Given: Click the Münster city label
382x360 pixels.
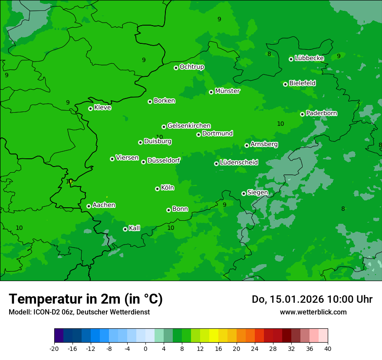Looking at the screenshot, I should [x=227, y=91].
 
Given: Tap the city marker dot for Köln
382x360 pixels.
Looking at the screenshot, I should [x=157, y=189].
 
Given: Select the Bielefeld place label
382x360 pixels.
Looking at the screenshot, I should [x=302, y=83].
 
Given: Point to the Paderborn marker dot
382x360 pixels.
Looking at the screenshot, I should [x=302, y=114].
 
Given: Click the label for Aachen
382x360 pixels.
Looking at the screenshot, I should [x=104, y=205].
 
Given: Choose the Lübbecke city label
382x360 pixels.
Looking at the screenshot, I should [x=309, y=58].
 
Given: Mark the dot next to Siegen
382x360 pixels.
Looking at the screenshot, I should [x=244, y=193].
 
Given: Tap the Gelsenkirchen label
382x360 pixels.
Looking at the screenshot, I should [x=189, y=126].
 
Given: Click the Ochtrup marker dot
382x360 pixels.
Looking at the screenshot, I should [x=176, y=68].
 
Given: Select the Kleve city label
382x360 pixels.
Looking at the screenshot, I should [x=102, y=108].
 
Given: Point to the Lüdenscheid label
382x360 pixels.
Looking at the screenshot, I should [x=239, y=163].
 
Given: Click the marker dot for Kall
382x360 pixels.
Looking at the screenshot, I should [x=125, y=229].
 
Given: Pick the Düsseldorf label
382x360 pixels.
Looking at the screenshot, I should [x=164, y=161].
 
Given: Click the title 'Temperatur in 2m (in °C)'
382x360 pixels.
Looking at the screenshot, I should [x=86, y=299].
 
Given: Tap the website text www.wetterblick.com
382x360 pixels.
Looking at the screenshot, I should [x=313, y=312].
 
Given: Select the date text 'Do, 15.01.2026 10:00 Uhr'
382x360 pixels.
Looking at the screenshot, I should [x=312, y=299].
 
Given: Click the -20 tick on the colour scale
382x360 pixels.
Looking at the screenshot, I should [x=54, y=348].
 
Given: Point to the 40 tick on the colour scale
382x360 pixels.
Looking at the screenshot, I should [x=328, y=348].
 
